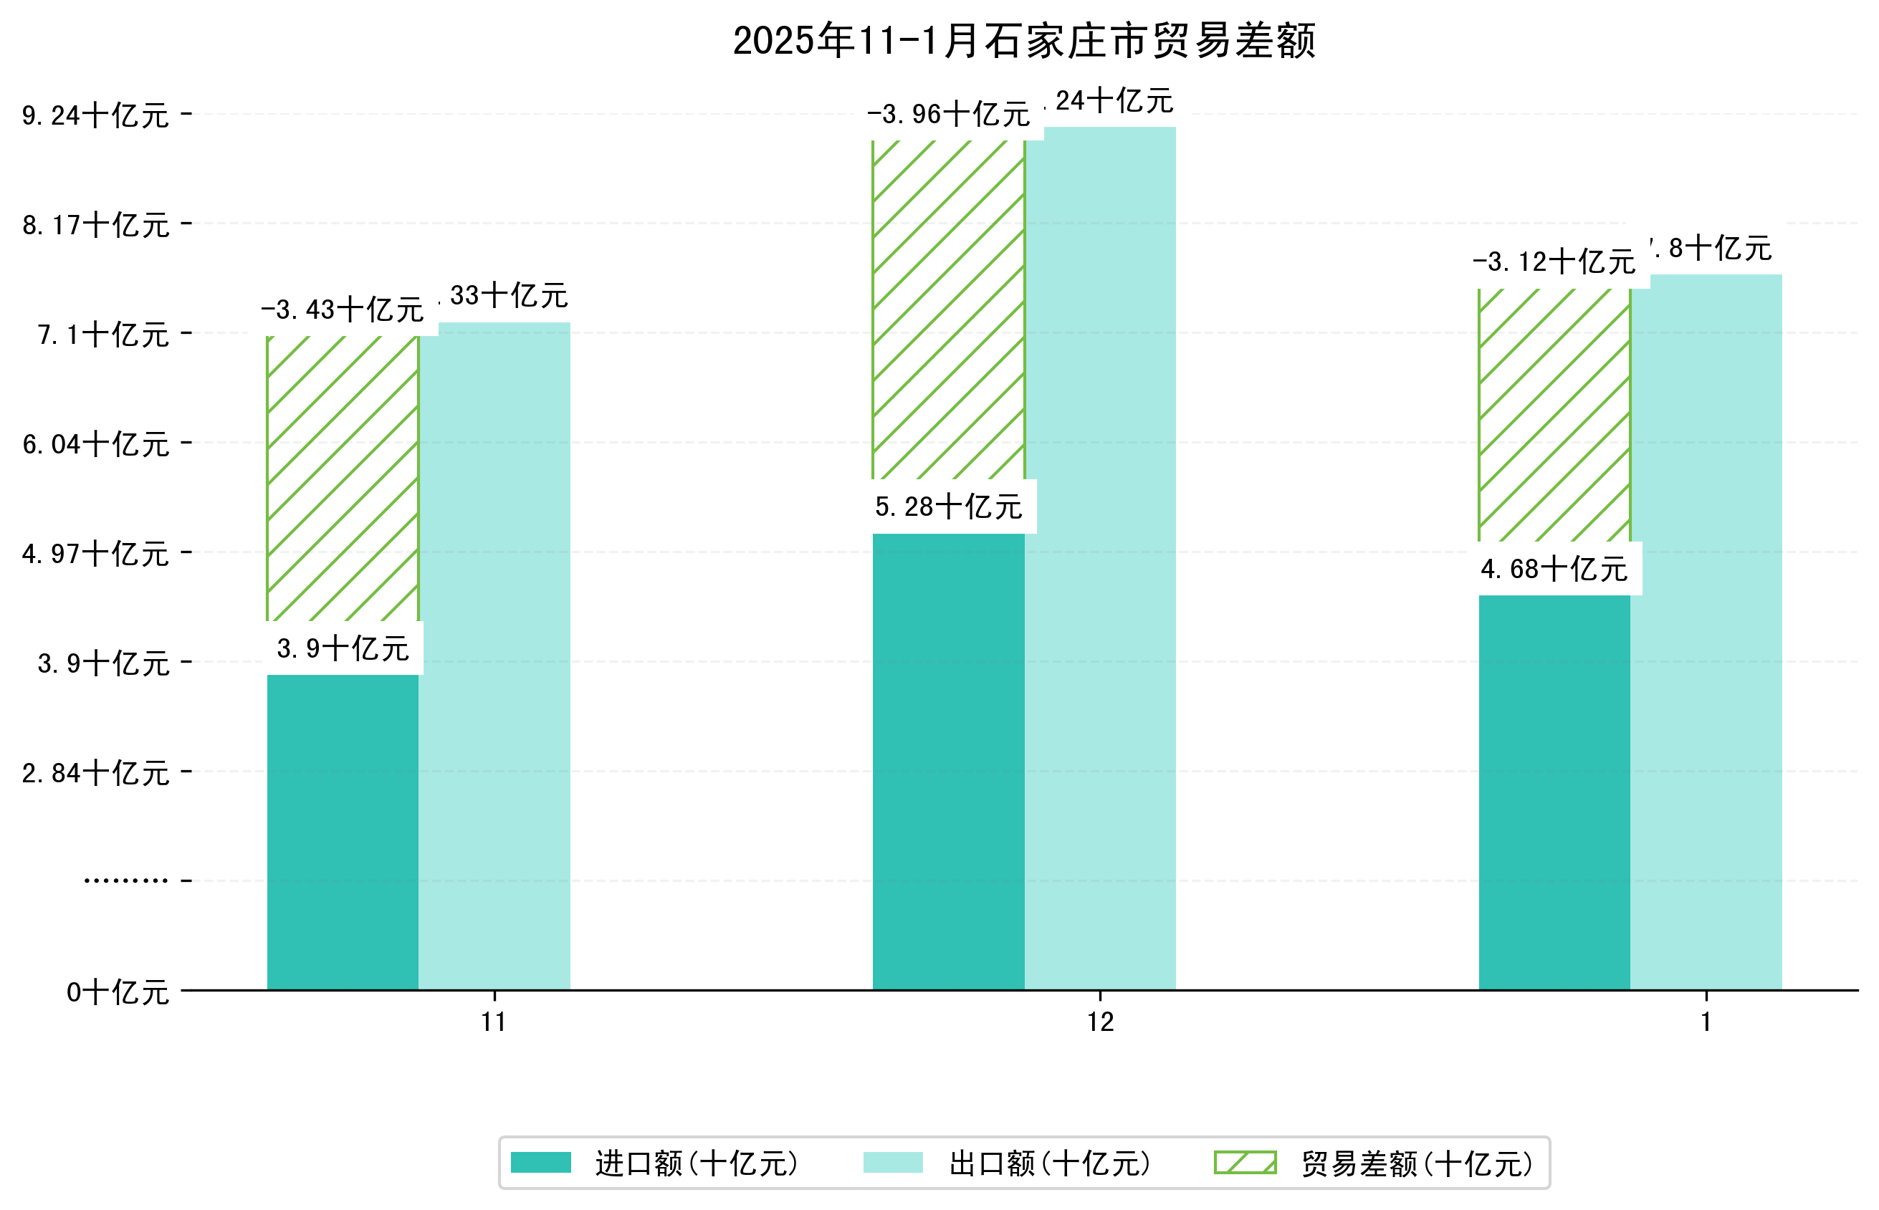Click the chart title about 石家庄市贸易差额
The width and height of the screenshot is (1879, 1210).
tap(1023, 41)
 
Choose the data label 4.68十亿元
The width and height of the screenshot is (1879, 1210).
tap(1554, 569)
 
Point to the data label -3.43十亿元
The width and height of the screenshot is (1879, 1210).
tap(343, 310)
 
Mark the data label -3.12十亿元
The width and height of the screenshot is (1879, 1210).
tap(1554, 261)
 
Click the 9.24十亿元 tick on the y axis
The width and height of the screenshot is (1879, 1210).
tap(95, 116)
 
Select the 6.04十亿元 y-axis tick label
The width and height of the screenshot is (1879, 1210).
tap(95, 445)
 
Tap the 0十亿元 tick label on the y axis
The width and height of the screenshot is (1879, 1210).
tap(117, 992)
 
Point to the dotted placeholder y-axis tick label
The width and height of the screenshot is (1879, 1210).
tap(125, 880)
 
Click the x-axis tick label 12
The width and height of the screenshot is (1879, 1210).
tap(1100, 1022)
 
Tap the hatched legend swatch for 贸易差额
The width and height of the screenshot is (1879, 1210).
tap(1245, 1163)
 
